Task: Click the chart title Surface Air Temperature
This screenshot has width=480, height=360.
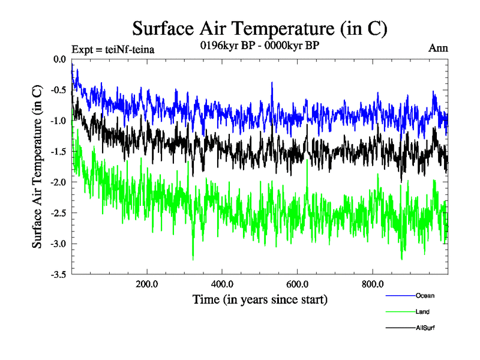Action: pos(260,28)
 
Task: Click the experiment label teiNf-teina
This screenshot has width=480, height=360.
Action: pos(113,49)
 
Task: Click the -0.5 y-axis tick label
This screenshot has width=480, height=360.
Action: pos(58,90)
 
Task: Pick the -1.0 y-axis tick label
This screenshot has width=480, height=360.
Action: pos(58,121)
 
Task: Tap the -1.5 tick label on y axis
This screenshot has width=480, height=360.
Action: pos(58,152)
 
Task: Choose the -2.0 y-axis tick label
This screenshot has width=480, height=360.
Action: pos(58,182)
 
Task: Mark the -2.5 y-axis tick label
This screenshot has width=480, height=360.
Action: pos(58,213)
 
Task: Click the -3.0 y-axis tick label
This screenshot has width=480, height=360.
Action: pos(58,244)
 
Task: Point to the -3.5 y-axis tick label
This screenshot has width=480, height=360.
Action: pos(58,275)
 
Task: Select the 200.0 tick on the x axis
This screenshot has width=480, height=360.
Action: pos(147,284)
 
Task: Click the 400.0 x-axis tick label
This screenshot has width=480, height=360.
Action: pos(222,284)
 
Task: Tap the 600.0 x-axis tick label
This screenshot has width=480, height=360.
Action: pos(298,284)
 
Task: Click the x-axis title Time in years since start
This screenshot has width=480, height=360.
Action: pos(260,298)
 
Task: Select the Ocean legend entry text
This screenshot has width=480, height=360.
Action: pos(424,295)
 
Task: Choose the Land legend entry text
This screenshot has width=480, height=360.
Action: pos(422,311)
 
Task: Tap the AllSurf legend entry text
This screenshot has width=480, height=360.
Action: pos(424,328)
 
